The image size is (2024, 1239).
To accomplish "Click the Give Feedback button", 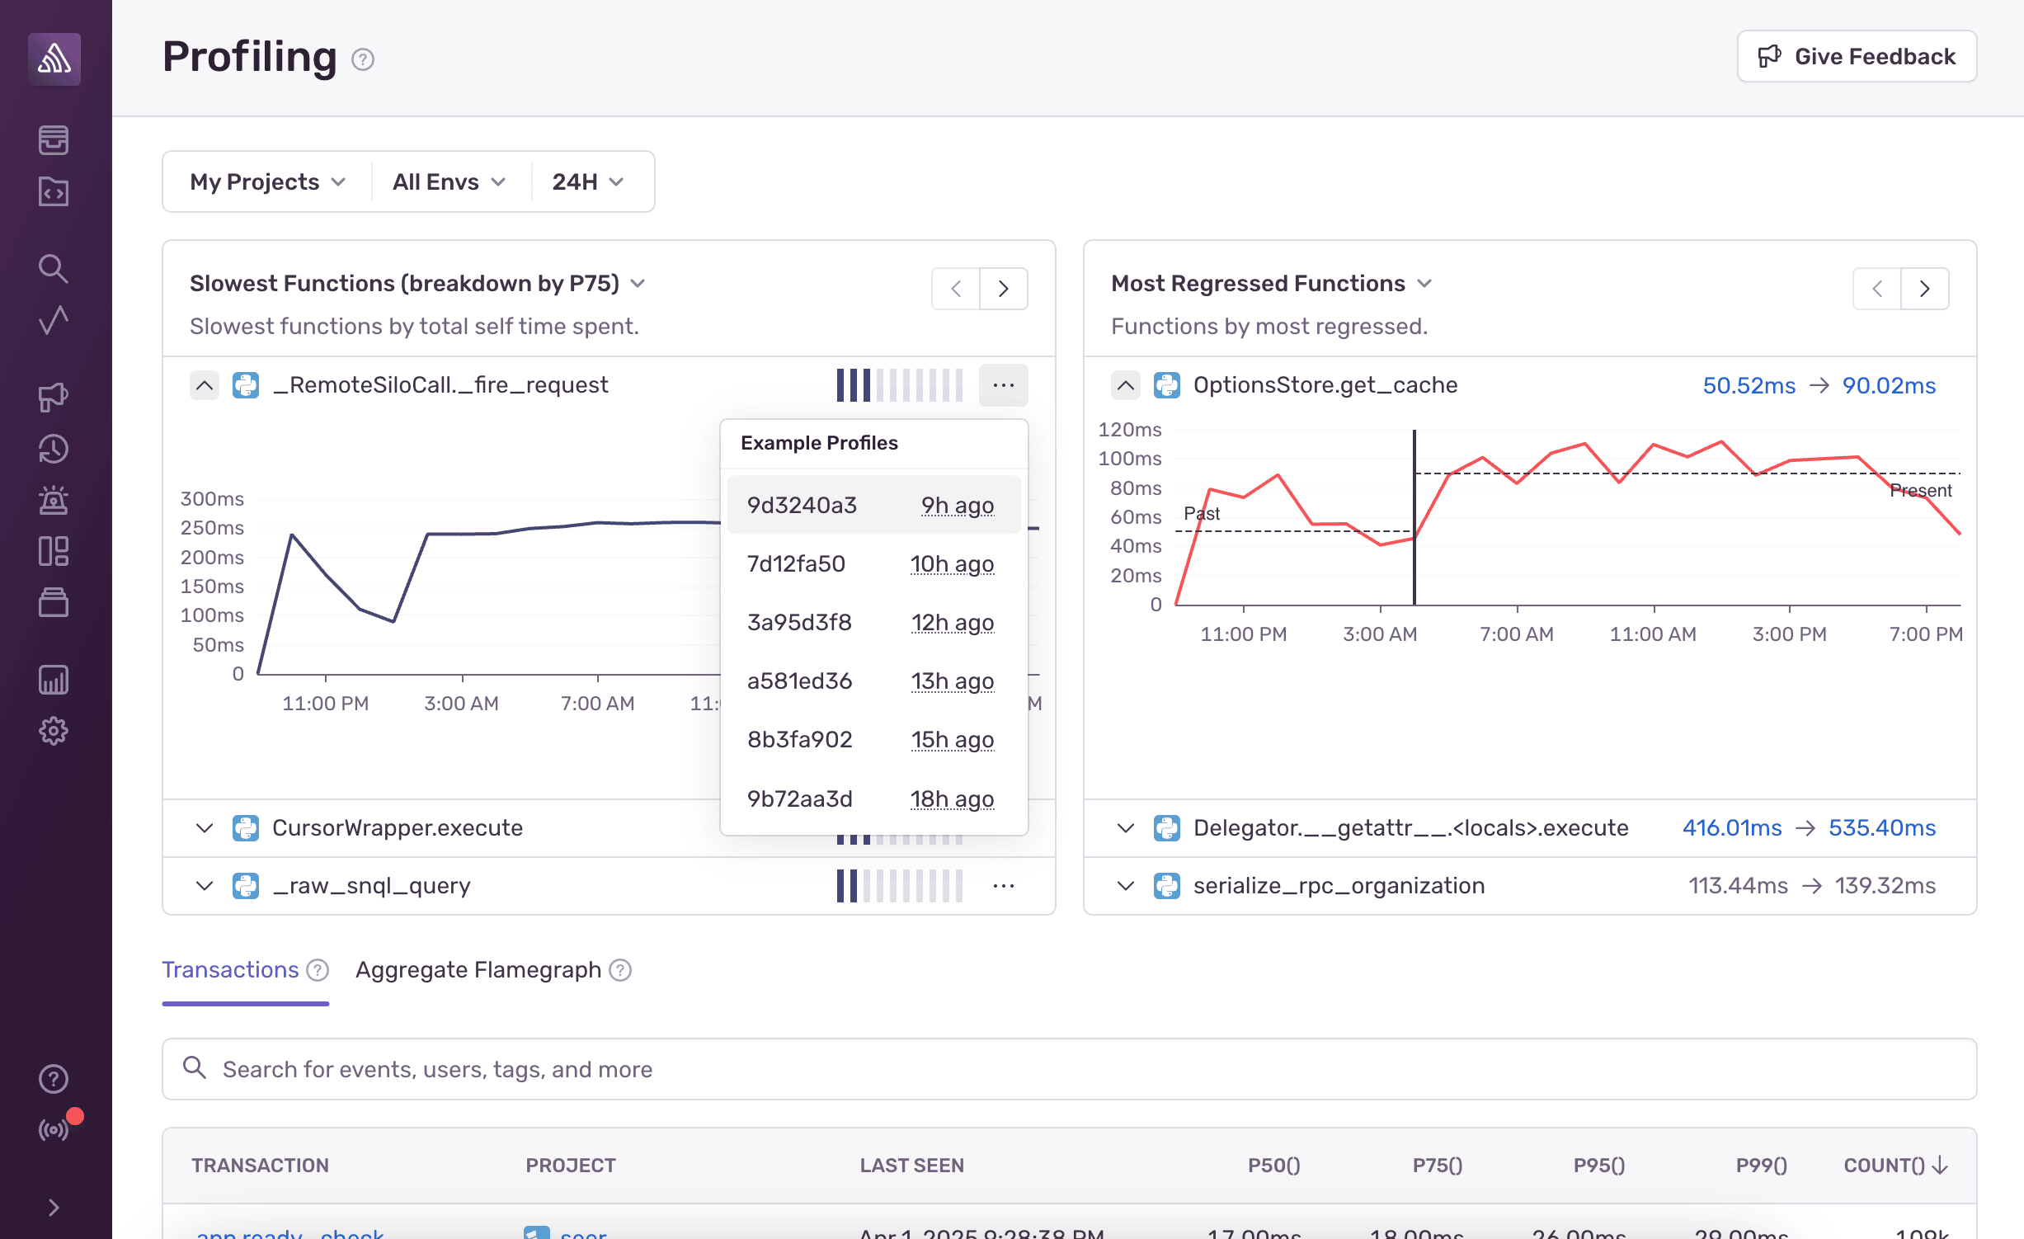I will point(1856,56).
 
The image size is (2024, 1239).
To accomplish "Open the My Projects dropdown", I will point(267,181).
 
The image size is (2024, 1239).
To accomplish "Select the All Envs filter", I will point(449,181).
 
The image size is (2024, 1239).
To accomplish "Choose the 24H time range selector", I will point(587,181).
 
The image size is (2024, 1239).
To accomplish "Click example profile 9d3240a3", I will point(802,505).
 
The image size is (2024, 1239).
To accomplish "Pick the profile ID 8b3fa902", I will point(799,739).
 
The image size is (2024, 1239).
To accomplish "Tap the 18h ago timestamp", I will point(952,799).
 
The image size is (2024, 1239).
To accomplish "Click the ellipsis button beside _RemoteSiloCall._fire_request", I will point(1003,385).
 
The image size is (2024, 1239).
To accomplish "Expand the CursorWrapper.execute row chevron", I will point(205,827).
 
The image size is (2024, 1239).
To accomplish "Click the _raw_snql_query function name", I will point(371,885).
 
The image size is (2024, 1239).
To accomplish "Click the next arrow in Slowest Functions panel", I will point(1003,289).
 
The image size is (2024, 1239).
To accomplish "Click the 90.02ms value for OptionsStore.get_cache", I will point(1889,385).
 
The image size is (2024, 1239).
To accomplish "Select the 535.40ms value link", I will point(1881,827).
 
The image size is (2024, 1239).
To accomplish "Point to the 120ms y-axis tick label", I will point(1129,430).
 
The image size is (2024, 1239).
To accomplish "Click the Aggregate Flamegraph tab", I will point(478,970).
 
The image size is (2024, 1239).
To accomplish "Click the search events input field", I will point(1072,1069).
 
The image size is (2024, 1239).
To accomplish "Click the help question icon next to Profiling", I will point(363,59).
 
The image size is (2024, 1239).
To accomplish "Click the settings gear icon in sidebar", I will point(54,731).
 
